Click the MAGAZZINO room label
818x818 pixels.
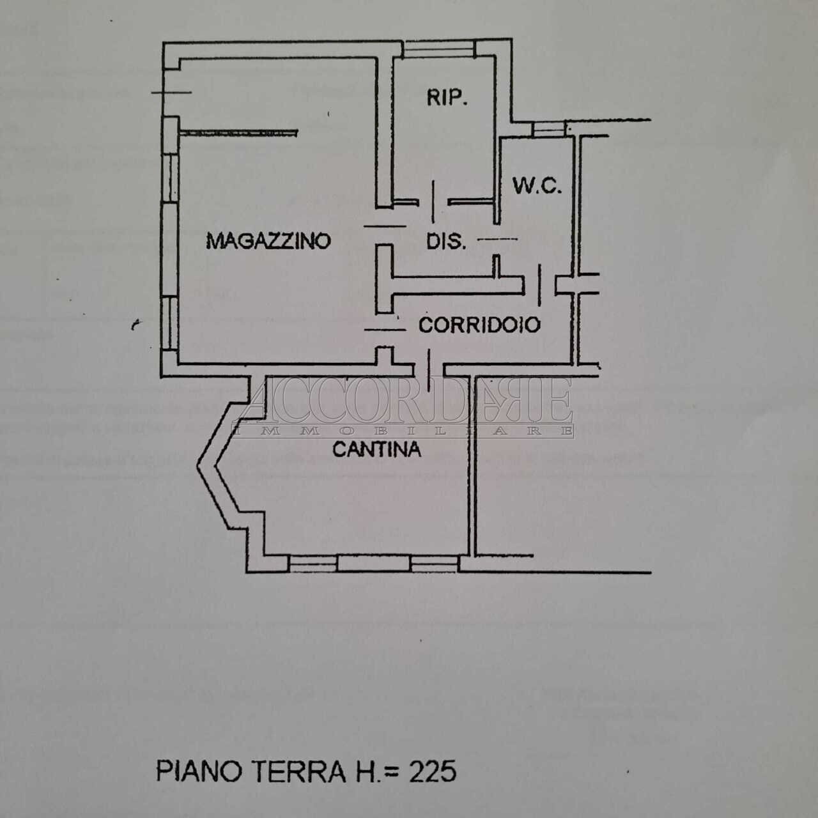pos(268,241)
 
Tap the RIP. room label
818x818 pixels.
pos(447,98)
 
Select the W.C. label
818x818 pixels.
pos(537,186)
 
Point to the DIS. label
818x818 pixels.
pos(446,242)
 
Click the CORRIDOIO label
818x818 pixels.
pos(479,325)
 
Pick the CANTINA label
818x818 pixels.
pos(377,449)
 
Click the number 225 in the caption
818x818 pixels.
pos(433,771)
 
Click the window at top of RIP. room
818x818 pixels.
pos(439,49)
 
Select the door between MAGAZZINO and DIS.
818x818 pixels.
pos(385,226)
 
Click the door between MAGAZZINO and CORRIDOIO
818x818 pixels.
pos(385,329)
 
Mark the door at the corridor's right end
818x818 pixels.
pos(540,284)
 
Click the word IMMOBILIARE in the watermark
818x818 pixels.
pos(403,431)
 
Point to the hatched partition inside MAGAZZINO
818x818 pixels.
pos(238,132)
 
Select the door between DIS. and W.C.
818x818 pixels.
pos(498,240)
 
